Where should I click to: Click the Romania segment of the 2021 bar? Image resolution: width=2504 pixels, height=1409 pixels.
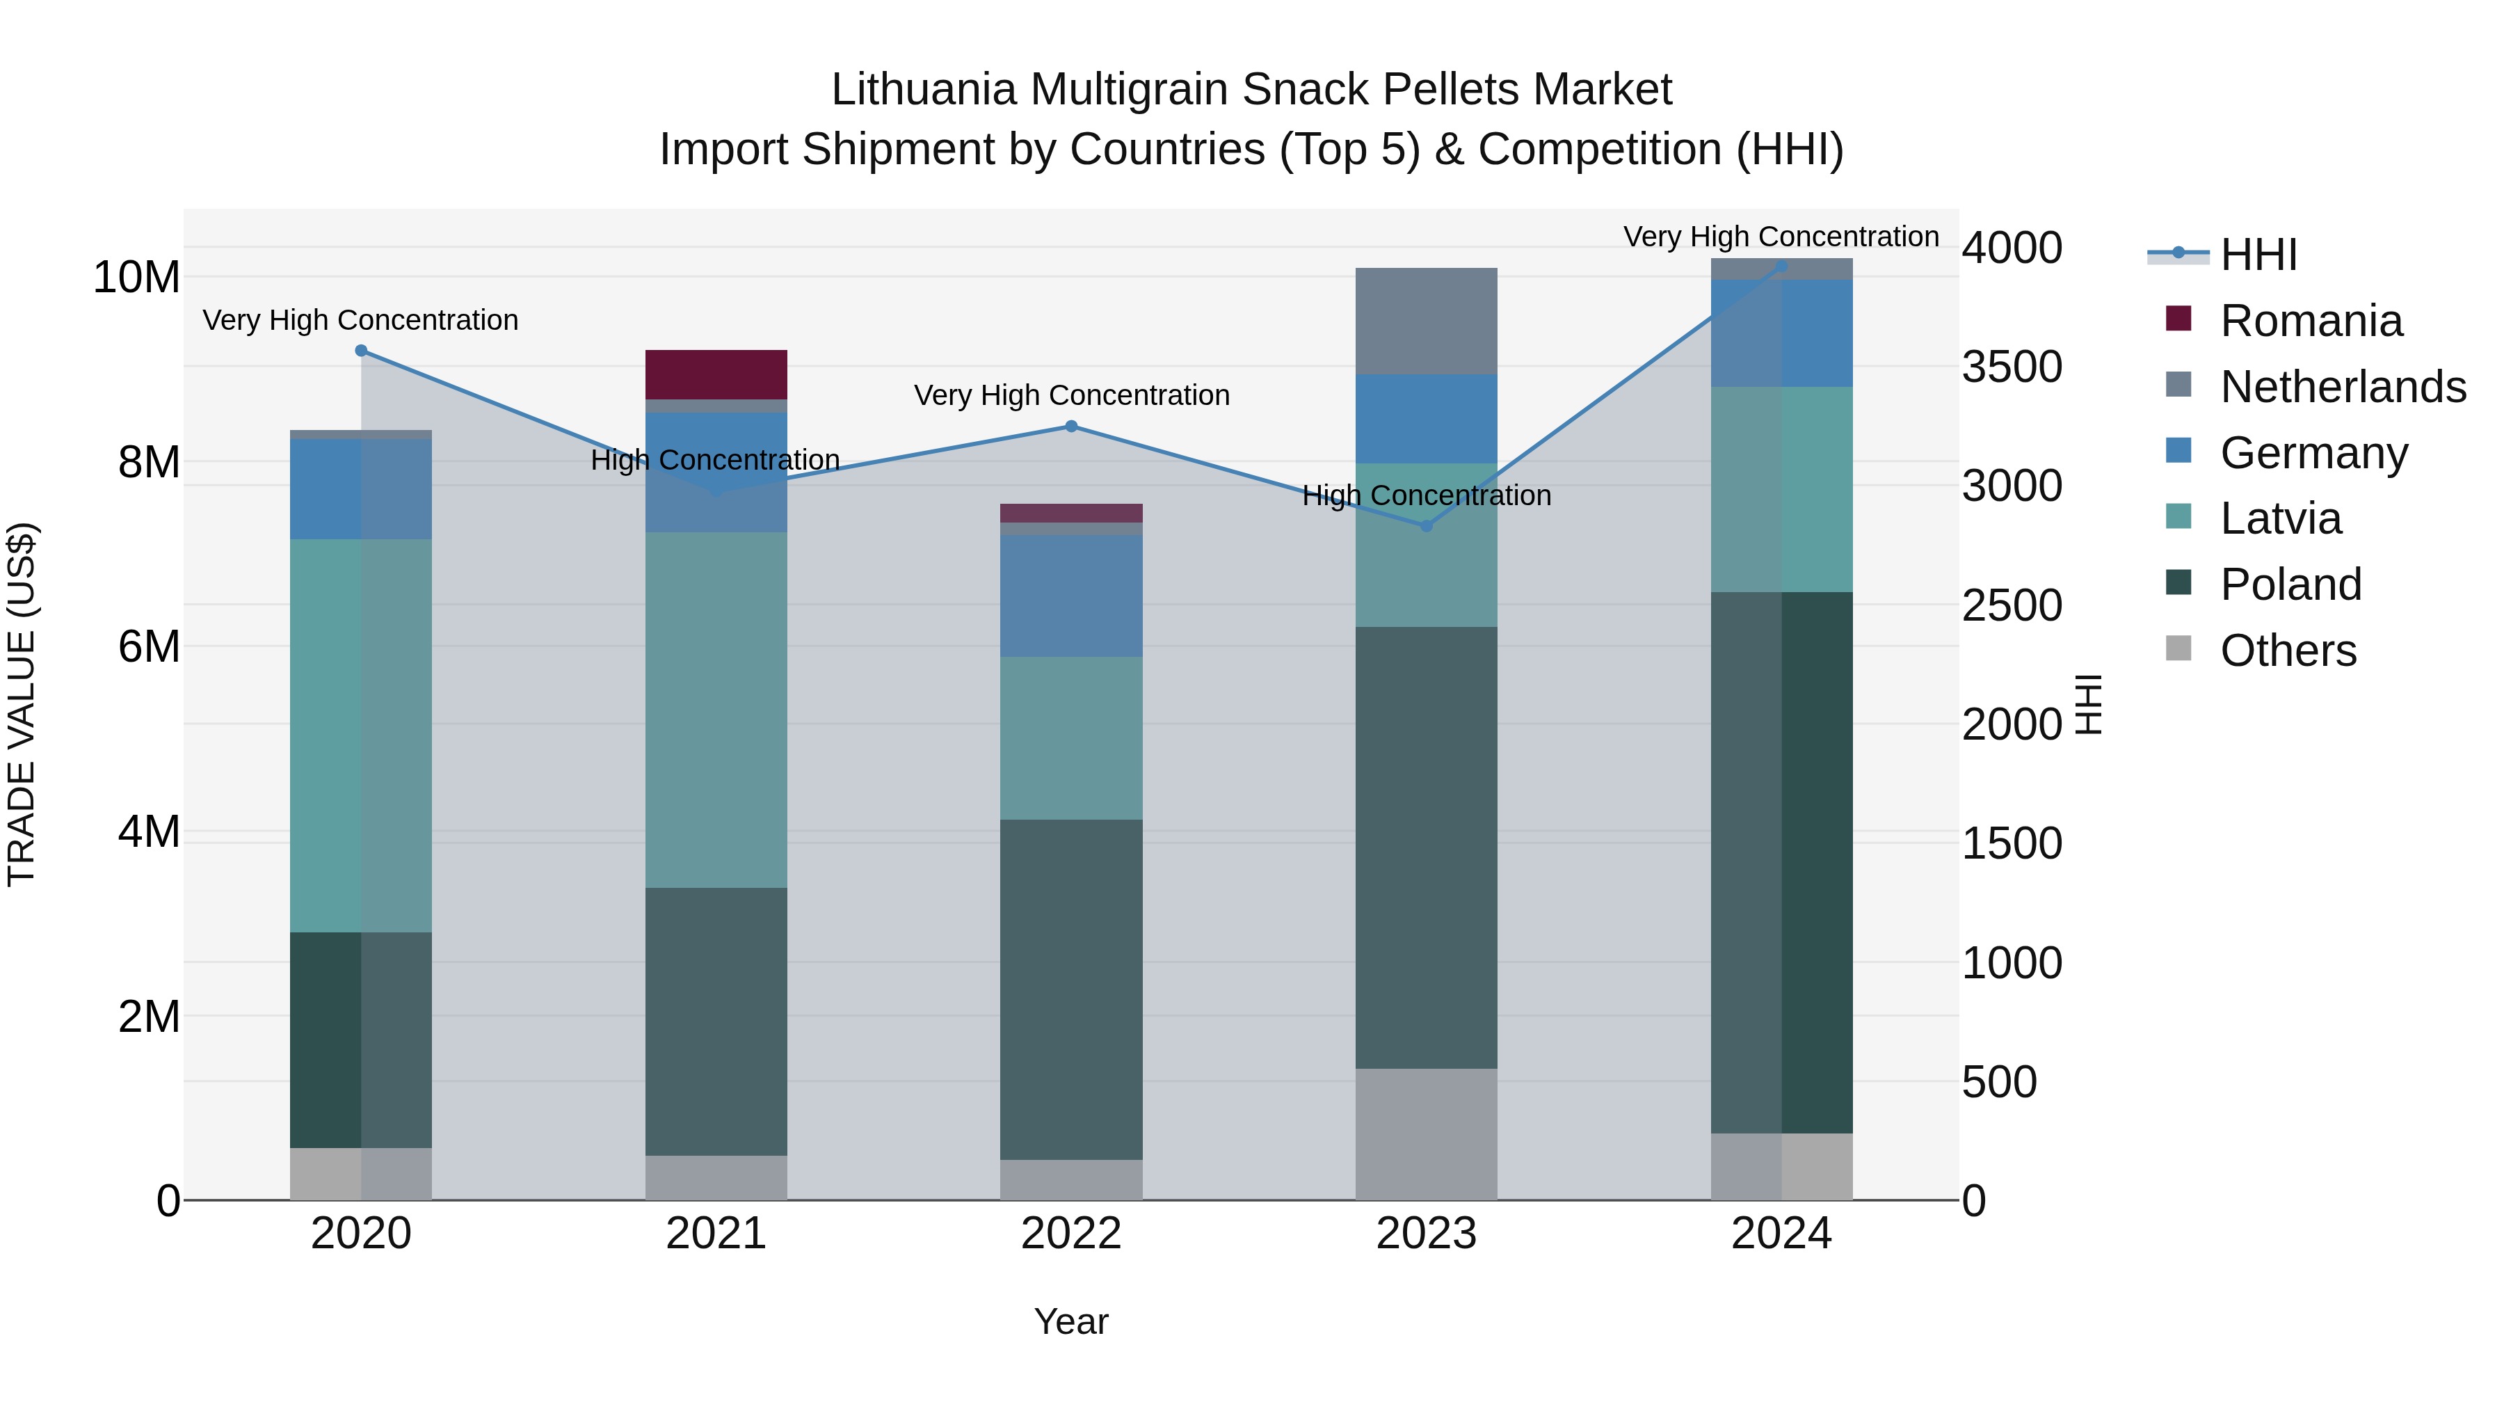[716, 374]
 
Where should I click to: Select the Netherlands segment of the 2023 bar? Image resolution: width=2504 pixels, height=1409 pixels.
[1426, 321]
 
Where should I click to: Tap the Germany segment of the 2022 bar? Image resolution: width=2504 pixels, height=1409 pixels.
[1071, 595]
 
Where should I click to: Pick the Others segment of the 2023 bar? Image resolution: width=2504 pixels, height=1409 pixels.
[1426, 1134]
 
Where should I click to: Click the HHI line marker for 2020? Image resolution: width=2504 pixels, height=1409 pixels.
[360, 350]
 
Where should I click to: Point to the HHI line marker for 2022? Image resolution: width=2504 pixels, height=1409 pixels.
[1071, 426]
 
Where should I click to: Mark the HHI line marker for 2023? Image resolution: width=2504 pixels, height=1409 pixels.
[1426, 526]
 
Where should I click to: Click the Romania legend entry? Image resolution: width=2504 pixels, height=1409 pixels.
[2311, 321]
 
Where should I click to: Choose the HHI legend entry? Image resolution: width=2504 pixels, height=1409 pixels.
[2258, 255]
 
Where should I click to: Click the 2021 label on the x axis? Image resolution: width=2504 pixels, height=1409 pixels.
[716, 1234]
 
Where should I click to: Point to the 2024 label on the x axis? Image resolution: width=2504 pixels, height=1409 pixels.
[1781, 1234]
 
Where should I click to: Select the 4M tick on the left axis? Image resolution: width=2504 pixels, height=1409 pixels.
[149, 831]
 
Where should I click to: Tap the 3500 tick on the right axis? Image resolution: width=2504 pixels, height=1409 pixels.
[2011, 367]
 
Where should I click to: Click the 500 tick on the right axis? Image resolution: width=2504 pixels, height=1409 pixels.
[1998, 1081]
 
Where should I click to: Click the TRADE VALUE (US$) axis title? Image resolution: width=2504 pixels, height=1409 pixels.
[22, 704]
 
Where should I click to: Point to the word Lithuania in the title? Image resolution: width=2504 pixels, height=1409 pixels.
[924, 90]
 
